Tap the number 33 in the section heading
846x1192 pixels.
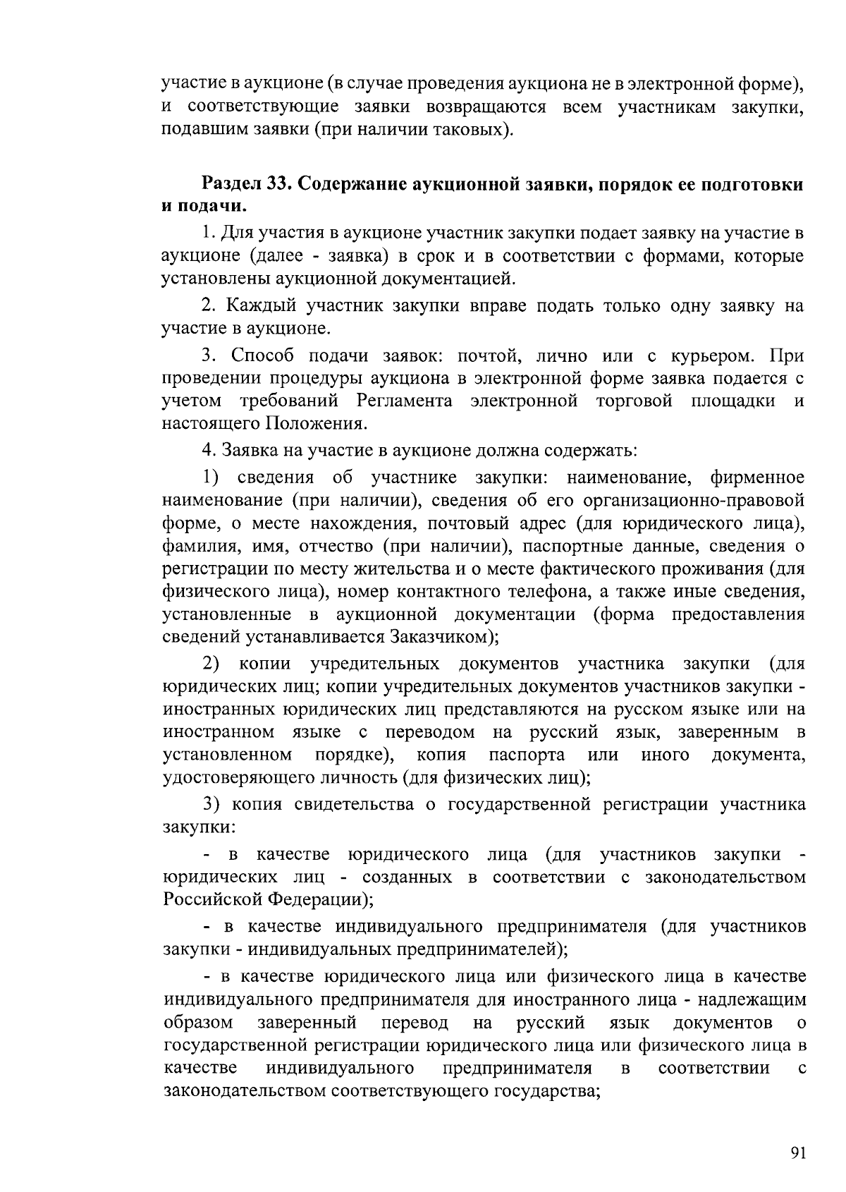click(x=278, y=184)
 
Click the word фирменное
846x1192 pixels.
click(x=757, y=478)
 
